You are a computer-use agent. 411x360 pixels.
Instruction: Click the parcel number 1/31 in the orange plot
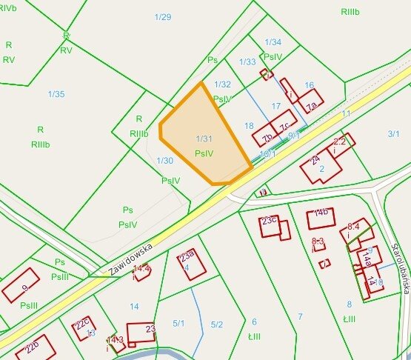tap(204, 139)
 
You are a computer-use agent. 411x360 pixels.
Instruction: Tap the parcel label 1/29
tap(163, 16)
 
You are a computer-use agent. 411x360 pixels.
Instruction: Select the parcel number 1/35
tap(56, 94)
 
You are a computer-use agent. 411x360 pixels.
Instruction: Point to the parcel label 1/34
tap(273, 42)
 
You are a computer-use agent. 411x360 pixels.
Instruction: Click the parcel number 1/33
tap(247, 61)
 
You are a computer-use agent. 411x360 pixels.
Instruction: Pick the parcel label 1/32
tap(222, 84)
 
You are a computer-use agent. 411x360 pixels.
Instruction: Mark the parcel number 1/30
tap(164, 160)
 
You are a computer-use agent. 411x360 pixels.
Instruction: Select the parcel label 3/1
tap(393, 133)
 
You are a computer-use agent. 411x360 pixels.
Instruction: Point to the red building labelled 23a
tap(190, 264)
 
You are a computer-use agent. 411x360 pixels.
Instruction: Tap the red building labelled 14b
tap(321, 219)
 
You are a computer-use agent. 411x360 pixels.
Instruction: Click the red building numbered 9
tap(21, 288)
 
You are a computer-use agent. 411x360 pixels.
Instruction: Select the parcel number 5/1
tap(178, 324)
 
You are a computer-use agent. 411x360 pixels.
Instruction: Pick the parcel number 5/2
tap(217, 324)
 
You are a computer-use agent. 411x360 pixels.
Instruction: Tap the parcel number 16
tap(310, 84)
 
